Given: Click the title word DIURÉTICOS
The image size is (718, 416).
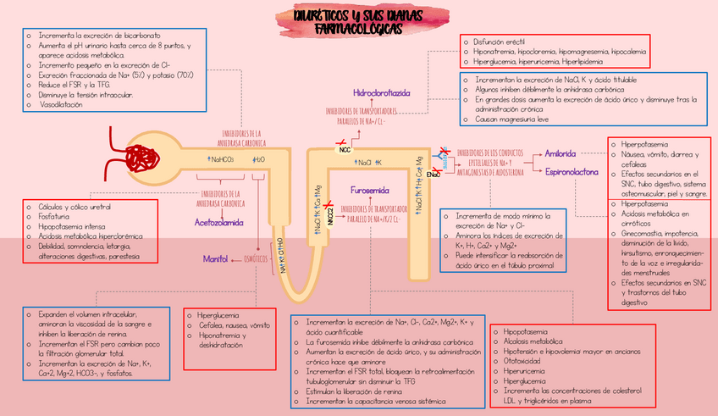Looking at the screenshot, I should coord(317,17).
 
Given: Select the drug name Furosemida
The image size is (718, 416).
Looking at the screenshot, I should coord(369,191).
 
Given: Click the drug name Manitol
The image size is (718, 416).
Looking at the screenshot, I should coord(215,258).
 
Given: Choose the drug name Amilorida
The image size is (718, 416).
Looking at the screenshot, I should coord(561,154).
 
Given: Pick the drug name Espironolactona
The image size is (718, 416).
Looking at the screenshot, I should coord(572,172).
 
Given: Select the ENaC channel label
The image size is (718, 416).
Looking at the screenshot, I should coord(434,175).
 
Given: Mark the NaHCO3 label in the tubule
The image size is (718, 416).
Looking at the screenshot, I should coord(223,159).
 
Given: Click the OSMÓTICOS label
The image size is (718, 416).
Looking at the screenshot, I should coord(257,258).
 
